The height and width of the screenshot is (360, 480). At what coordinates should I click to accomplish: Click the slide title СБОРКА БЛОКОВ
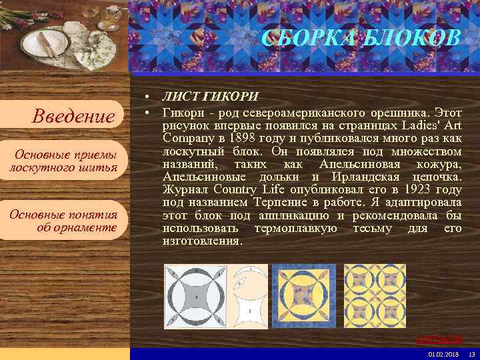coord(361,39)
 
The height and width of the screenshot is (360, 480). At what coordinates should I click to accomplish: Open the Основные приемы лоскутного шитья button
coord(64,161)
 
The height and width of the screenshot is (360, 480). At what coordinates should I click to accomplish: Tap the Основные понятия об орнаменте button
coord(64,221)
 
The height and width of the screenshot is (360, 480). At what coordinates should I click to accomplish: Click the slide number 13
coord(471,353)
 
